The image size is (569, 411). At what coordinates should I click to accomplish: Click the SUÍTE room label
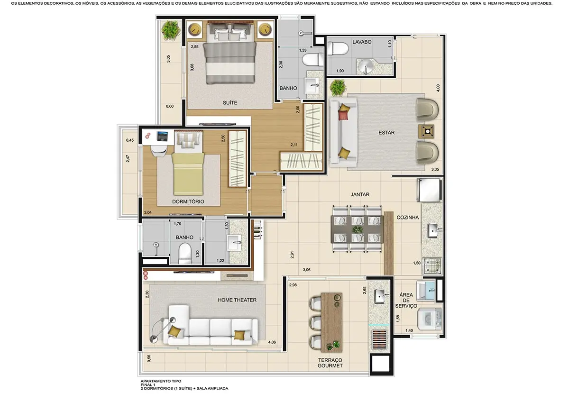click(x=230, y=103)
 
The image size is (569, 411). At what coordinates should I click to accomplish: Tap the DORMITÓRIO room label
click(x=188, y=201)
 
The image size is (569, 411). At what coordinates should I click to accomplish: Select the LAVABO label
click(x=362, y=42)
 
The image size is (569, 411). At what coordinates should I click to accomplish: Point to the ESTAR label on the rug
click(x=386, y=133)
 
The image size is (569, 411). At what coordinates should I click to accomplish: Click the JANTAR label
click(x=360, y=194)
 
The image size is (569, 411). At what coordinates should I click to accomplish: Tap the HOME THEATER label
click(x=237, y=300)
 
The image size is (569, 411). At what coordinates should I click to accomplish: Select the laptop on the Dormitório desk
click(x=163, y=137)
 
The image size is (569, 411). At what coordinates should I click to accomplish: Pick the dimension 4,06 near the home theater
click(x=272, y=342)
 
